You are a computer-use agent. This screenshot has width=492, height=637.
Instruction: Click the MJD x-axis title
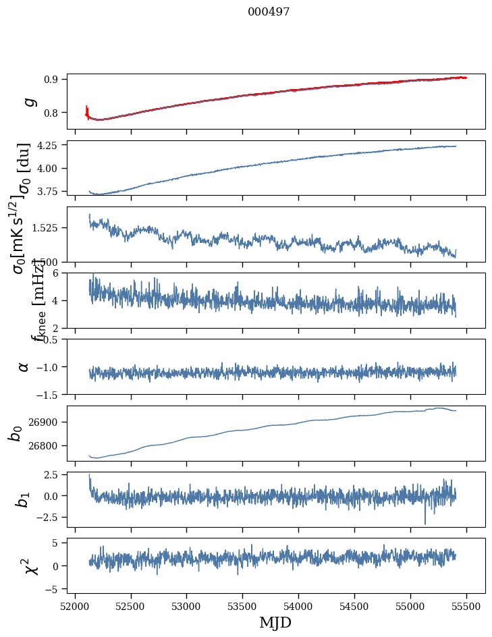tap(275, 622)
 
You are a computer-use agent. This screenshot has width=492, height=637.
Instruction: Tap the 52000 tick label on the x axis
tap(75, 606)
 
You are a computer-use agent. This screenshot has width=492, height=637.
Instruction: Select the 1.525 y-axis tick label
tap(47, 228)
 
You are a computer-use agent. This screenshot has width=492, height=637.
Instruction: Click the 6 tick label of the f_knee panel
tap(59, 273)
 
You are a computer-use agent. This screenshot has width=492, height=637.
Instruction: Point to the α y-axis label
tap(24, 366)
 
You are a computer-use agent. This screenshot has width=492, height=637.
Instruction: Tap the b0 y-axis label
tap(15, 433)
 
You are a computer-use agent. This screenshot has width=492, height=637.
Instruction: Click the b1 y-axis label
tap(24, 499)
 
